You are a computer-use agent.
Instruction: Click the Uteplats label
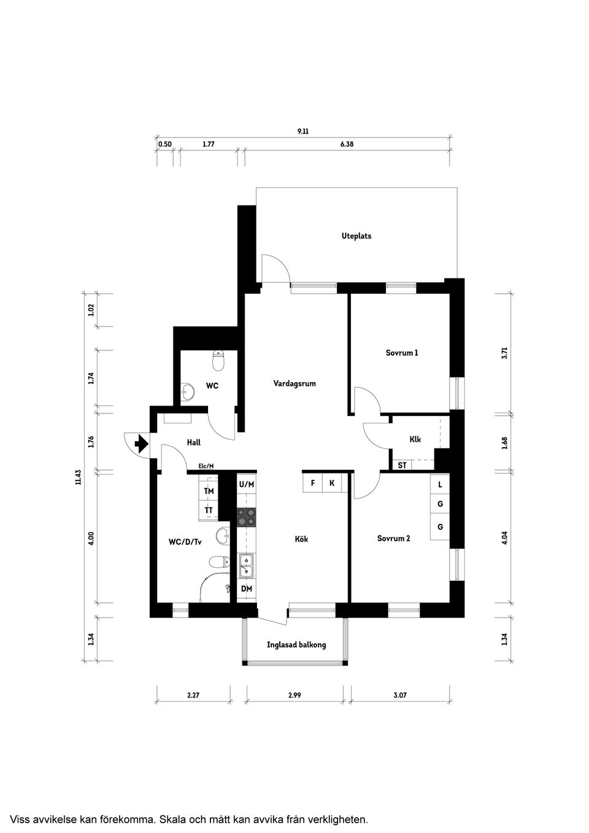click(x=356, y=236)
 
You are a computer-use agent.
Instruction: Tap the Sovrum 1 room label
click(x=402, y=353)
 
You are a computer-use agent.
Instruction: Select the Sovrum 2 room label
click(x=393, y=539)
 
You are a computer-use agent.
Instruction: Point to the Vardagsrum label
click(x=294, y=384)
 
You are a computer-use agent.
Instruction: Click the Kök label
click(x=301, y=539)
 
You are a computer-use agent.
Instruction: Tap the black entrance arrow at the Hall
click(x=141, y=443)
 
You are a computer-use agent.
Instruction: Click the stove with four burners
click(x=246, y=518)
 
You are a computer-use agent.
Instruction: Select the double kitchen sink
click(x=246, y=566)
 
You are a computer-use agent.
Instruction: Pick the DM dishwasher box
click(x=246, y=589)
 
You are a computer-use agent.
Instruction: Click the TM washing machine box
click(x=209, y=491)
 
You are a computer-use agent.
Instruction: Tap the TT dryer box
click(x=209, y=510)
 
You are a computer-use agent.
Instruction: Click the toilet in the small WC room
click(x=217, y=362)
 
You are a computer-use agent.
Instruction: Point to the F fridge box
click(x=313, y=483)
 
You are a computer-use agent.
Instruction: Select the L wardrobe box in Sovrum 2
click(x=440, y=485)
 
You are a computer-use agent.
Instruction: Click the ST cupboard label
click(x=402, y=466)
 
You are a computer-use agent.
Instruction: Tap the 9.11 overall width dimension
click(x=302, y=131)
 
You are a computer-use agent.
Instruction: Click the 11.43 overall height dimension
click(x=78, y=477)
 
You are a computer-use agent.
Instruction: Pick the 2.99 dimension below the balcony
click(x=294, y=696)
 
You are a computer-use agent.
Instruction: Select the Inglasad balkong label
click(x=296, y=645)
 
